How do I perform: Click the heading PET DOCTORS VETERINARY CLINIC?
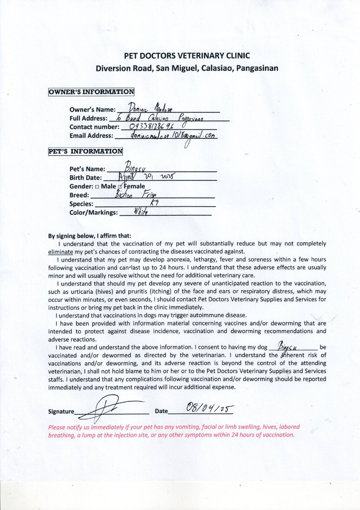tap(187, 56)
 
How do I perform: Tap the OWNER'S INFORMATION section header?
tap(91, 92)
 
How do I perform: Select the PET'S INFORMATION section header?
tap(86, 152)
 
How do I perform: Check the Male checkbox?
tap(97, 187)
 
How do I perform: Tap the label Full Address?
tap(88, 119)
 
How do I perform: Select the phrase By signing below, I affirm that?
tap(90, 236)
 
